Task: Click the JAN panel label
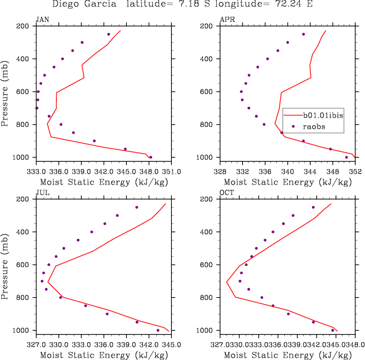(x=42, y=20)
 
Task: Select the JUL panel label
(x=42, y=193)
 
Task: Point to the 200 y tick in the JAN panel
(x=24, y=26)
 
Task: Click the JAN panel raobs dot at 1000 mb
(x=150, y=157)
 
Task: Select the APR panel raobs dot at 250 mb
(x=303, y=34)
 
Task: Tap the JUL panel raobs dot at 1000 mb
(x=158, y=330)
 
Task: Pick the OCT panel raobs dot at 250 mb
(x=313, y=207)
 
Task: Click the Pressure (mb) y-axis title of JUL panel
(x=5, y=264)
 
